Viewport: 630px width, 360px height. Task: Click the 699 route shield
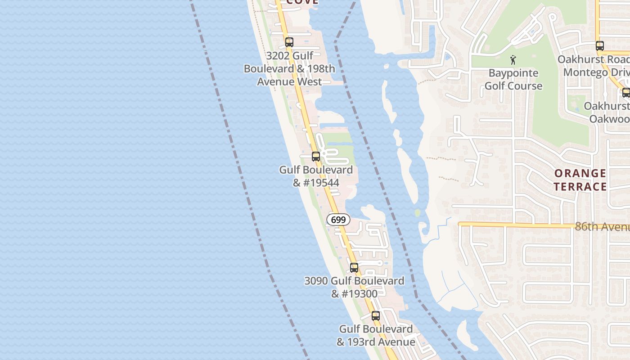click(338, 220)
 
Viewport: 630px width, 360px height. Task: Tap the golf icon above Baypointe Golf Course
click(513, 59)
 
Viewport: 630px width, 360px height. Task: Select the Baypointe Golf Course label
click(513, 79)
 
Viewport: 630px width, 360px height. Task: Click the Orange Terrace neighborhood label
click(580, 180)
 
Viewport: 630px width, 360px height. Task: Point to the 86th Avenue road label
click(602, 226)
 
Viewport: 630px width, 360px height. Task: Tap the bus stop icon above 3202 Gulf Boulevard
click(289, 42)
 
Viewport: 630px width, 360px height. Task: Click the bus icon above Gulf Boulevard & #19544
click(316, 157)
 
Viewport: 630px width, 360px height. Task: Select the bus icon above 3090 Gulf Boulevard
click(354, 267)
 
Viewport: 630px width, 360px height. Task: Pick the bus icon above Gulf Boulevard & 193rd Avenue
click(376, 315)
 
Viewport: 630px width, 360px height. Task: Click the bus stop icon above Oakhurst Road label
click(599, 45)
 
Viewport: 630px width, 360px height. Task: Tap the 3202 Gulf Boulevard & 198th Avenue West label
click(289, 69)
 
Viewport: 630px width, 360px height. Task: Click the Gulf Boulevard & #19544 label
click(316, 176)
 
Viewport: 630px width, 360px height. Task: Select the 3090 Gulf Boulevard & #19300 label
click(354, 287)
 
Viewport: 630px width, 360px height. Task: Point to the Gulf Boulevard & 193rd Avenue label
click(376, 335)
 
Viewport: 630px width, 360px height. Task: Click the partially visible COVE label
click(302, 2)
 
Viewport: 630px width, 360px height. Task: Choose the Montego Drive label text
click(596, 72)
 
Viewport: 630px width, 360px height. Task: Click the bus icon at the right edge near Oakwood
click(626, 93)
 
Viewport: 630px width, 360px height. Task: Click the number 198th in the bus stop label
click(321, 69)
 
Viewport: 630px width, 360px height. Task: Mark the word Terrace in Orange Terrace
click(580, 186)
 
